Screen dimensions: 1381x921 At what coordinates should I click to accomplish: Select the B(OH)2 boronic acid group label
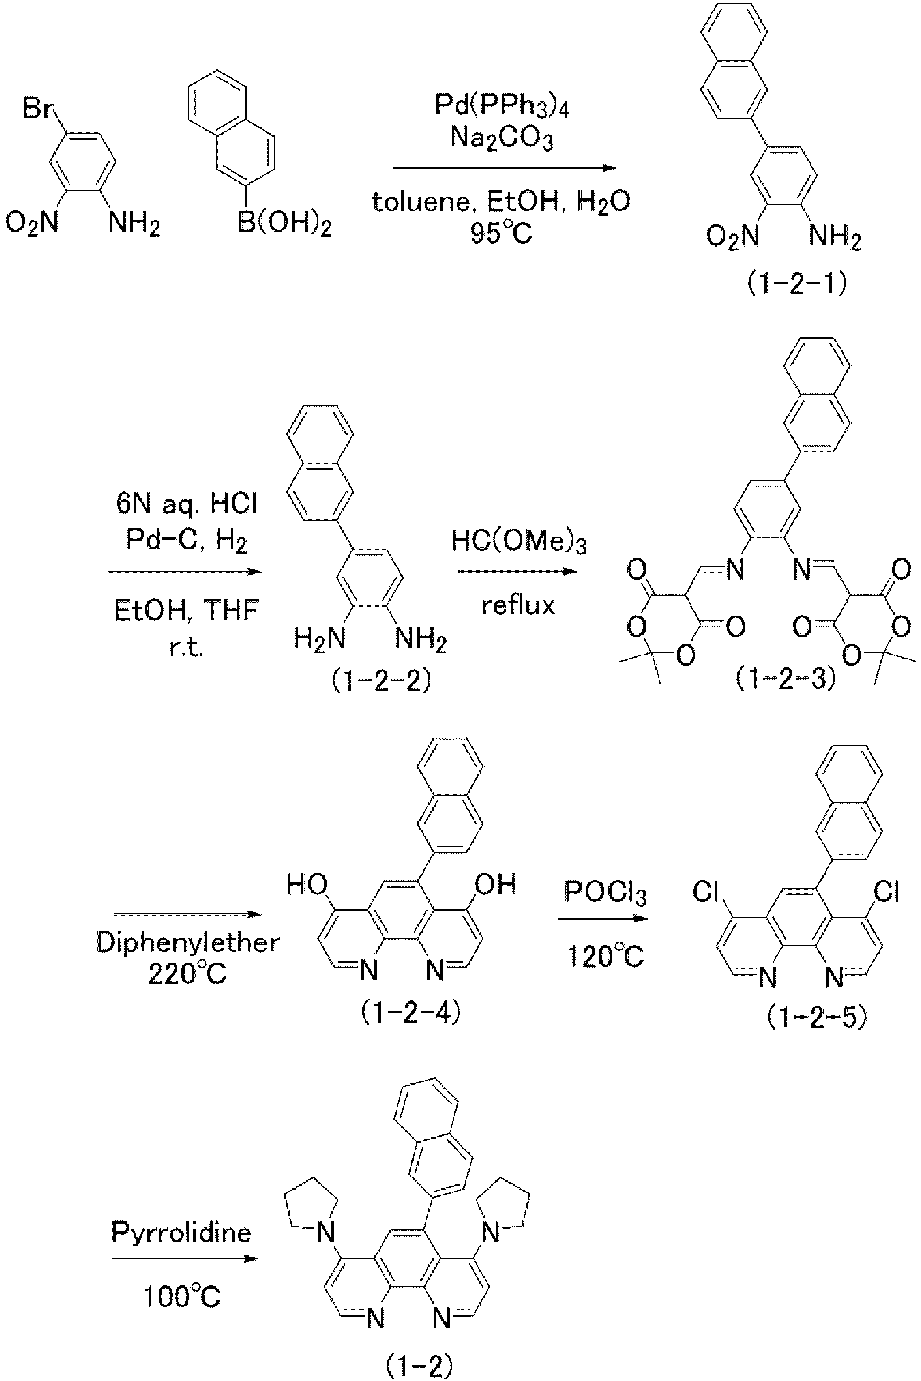[284, 224]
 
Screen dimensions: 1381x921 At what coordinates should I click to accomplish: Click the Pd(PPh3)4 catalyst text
[502, 106]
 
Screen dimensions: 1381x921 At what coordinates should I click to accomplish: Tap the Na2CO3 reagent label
[502, 139]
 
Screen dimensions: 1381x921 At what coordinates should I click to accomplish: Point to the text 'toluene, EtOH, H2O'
[501, 202]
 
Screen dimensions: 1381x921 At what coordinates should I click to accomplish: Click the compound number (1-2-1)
[797, 285]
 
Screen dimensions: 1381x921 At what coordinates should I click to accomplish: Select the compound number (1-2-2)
[381, 681]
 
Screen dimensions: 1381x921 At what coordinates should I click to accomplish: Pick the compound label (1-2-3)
[785, 679]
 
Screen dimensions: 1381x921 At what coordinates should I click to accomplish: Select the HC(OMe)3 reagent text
[518, 541]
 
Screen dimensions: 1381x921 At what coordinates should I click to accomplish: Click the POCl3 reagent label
[606, 893]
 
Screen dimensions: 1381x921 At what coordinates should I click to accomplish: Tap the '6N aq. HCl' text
[186, 504]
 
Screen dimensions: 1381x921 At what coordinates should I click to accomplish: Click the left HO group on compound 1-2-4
[307, 884]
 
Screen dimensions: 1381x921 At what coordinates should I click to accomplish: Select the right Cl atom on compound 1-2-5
[887, 891]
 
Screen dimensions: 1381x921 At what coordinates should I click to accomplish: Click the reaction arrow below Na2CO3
[504, 169]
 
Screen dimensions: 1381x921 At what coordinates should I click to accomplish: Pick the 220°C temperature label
[187, 975]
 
